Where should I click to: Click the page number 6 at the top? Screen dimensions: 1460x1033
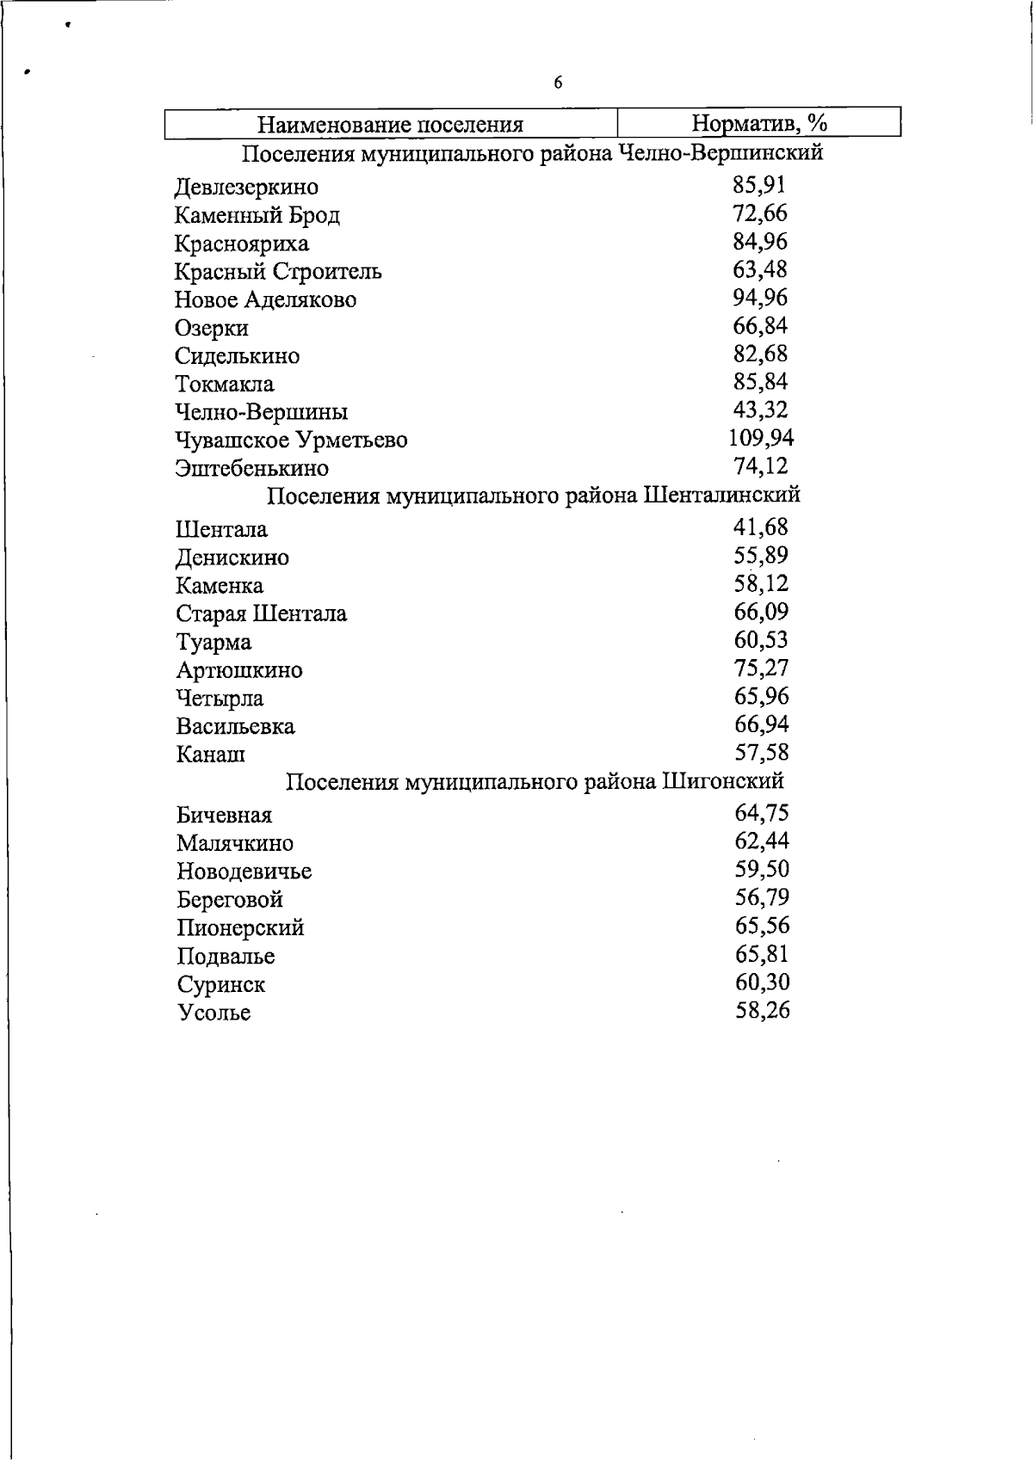(x=558, y=83)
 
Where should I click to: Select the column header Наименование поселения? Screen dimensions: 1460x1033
(x=391, y=125)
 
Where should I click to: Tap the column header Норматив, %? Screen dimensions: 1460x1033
(x=759, y=123)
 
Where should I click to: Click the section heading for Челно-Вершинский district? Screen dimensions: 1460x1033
(x=532, y=153)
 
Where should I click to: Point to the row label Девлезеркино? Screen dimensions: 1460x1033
(x=246, y=187)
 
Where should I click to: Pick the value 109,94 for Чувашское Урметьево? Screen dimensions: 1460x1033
(x=761, y=438)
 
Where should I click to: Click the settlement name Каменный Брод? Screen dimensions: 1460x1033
(x=257, y=215)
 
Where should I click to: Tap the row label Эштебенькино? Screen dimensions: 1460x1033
(x=251, y=468)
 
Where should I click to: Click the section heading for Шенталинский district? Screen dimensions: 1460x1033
(x=534, y=496)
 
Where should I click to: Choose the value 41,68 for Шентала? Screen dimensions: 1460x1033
(x=761, y=527)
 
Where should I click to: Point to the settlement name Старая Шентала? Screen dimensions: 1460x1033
(x=261, y=613)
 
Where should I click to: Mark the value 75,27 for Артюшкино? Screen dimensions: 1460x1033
(x=761, y=668)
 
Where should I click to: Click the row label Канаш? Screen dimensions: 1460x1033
(x=211, y=755)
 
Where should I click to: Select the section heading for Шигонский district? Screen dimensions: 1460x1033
(x=534, y=781)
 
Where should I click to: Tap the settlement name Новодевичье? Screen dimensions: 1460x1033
(x=244, y=872)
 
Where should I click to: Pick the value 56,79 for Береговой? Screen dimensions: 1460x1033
(x=762, y=897)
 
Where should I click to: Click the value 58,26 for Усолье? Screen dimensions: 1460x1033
(x=762, y=1010)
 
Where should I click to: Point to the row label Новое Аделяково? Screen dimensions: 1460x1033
(x=265, y=299)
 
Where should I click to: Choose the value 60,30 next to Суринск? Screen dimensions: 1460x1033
(x=762, y=982)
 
